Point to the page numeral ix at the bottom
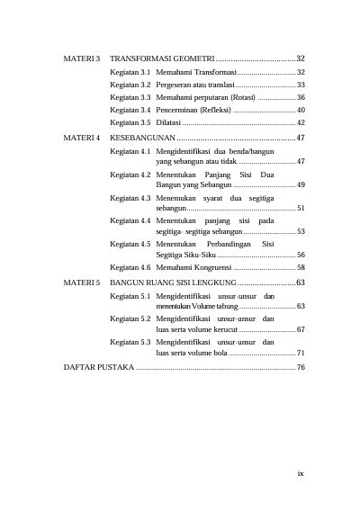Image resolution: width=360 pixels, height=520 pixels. (x=301, y=470)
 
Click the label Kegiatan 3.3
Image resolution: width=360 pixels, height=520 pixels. (x=130, y=96)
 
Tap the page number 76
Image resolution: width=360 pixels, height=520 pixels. (x=301, y=367)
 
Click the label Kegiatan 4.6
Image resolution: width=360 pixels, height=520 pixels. (x=130, y=267)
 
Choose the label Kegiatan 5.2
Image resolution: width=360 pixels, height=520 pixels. (x=130, y=318)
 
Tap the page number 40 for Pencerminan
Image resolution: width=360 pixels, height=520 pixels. (x=301, y=109)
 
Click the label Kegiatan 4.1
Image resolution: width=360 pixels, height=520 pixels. (x=130, y=152)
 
